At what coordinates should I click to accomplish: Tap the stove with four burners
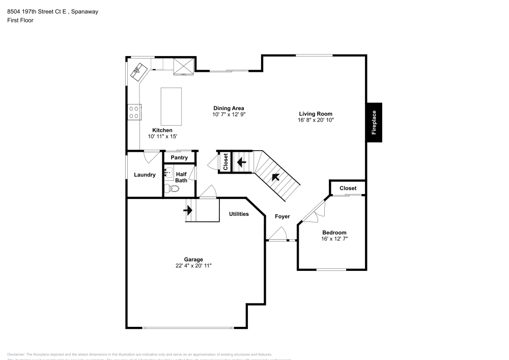pos(134,112)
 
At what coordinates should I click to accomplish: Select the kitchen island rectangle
pos(172,106)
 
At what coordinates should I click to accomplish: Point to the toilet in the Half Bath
pos(174,188)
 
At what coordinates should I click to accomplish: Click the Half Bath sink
pos(168,173)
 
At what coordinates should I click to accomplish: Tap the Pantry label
pos(179,158)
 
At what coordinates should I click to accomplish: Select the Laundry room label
pos(145,175)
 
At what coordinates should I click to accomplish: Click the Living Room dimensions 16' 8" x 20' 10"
pos(316,121)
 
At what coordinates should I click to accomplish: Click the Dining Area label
pos(229,108)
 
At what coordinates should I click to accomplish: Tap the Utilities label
pos(239,214)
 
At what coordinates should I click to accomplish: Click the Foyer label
pos(282,217)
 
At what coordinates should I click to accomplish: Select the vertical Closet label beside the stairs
pos(225,162)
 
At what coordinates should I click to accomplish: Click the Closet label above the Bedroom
pos(348,188)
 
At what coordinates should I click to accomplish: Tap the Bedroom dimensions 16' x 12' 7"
pos(334,239)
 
